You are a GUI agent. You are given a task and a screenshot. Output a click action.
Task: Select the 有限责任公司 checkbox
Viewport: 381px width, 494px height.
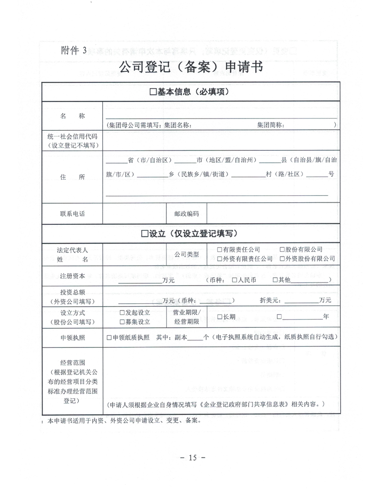tap(219, 250)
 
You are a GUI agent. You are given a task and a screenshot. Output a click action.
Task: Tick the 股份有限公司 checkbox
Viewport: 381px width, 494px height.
tap(282, 250)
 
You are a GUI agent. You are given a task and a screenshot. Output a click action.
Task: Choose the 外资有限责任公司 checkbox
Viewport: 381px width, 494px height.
tap(219, 258)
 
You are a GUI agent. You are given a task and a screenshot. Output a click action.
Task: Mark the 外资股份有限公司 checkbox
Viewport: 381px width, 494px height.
tap(282, 258)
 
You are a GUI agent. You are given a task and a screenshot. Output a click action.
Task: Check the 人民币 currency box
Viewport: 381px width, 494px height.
tap(235, 280)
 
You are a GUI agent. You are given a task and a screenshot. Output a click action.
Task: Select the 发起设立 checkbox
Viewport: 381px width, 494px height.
tap(122, 313)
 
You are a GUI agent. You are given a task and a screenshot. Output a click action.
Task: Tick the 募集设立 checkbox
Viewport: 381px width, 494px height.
tap(122, 322)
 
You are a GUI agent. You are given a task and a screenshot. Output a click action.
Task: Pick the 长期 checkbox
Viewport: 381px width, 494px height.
tap(219, 317)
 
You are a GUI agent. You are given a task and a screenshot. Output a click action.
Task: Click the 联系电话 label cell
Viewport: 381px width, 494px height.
tap(72, 214)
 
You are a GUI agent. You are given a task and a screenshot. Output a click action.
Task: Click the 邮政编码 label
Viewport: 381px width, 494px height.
tap(187, 214)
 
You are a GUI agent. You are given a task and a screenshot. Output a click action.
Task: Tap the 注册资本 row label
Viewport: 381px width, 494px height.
tap(72, 276)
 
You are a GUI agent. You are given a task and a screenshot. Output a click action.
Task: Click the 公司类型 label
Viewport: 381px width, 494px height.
tap(187, 254)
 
